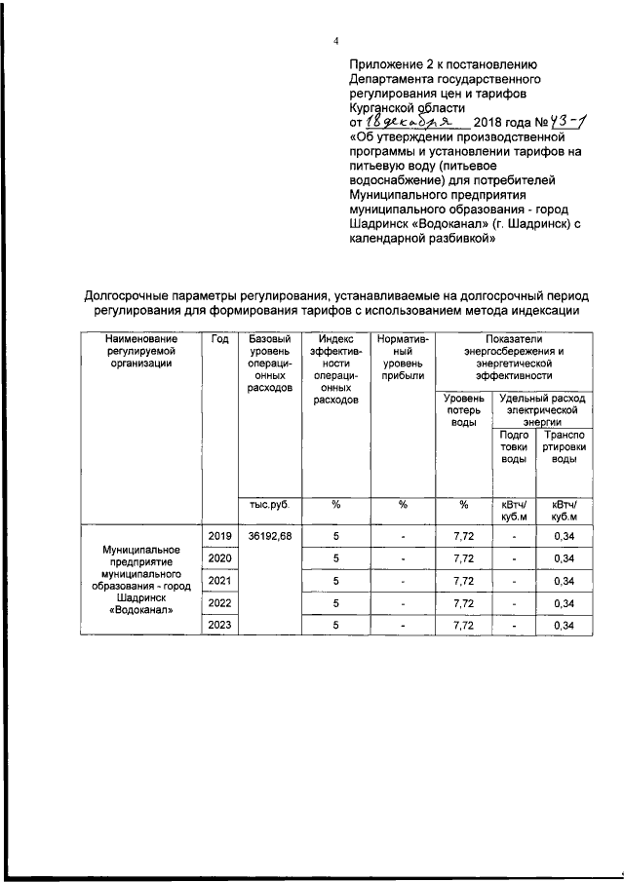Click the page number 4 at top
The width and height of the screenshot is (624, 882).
(335, 41)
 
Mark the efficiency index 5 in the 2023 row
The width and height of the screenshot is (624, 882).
(335, 626)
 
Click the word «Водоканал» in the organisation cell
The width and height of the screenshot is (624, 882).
(142, 611)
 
